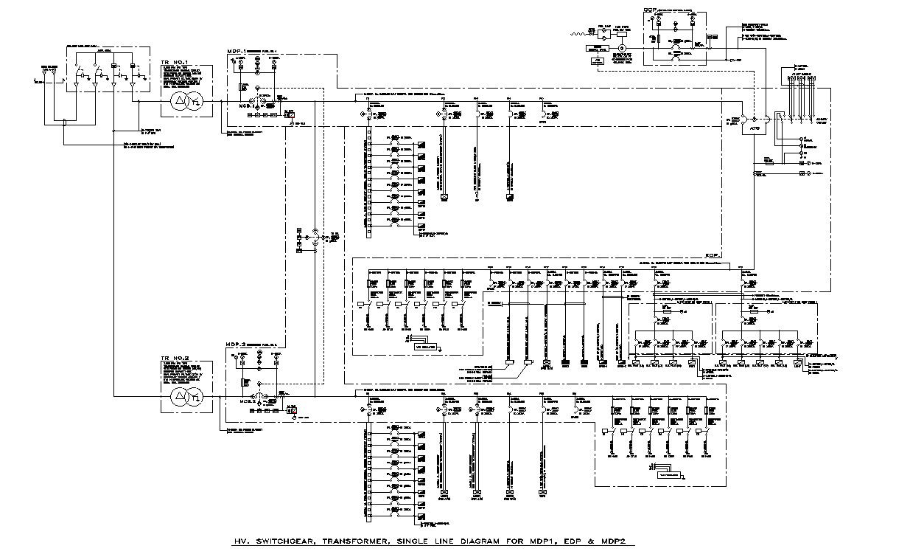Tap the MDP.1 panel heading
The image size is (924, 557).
(x=237, y=52)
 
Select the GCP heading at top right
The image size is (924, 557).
(x=649, y=9)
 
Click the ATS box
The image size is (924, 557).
(x=754, y=127)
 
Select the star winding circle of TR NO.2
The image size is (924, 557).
(x=194, y=400)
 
